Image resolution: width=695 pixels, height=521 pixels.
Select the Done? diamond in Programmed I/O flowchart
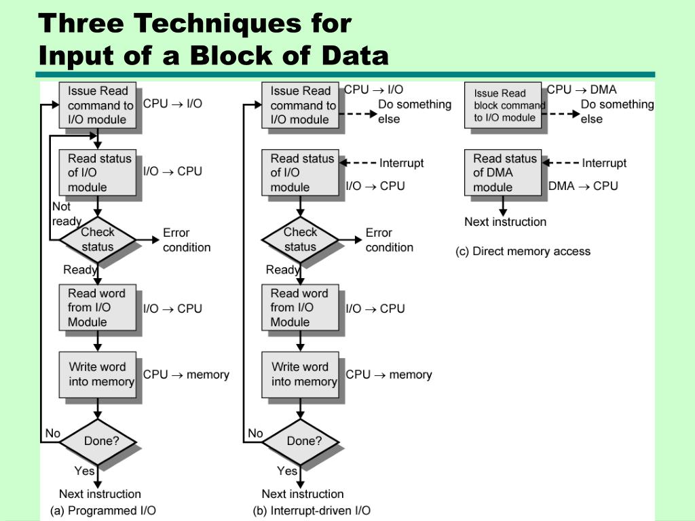(98, 441)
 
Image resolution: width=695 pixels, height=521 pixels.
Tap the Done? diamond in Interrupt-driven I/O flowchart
(301, 441)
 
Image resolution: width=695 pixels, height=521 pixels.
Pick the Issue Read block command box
(504, 105)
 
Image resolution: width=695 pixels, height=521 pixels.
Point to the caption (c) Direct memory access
(523, 251)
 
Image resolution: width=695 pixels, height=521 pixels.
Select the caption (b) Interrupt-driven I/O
(312, 510)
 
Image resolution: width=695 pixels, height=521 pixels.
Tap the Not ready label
(66, 214)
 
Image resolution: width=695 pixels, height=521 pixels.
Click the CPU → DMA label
(582, 89)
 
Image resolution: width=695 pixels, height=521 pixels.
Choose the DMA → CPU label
(583, 186)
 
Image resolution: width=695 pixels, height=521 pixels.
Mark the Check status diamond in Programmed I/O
(98, 239)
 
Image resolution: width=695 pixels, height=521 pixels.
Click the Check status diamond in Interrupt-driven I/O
(301, 239)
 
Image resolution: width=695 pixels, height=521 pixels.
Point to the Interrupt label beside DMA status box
(604, 163)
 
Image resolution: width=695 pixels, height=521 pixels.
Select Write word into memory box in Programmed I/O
(99, 374)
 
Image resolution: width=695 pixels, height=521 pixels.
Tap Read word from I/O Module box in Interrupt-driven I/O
(301, 308)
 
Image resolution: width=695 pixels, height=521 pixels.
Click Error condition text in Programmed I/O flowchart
(186, 240)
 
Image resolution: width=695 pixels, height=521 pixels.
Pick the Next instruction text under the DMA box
(505, 222)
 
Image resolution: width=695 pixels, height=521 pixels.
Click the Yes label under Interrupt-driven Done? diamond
(287, 471)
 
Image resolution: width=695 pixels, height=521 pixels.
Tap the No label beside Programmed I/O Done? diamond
(52, 433)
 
